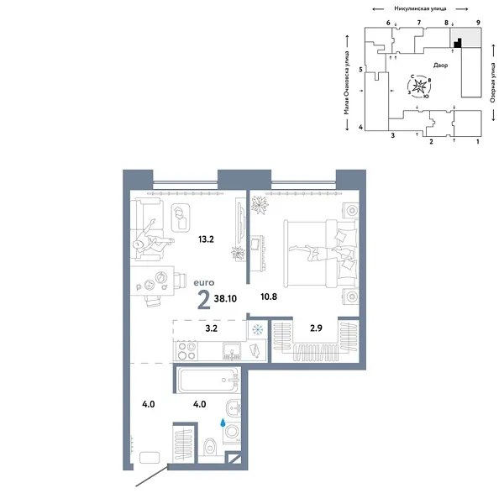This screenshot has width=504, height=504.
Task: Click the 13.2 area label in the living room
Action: [206, 239]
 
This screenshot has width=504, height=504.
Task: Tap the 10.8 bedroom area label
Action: [269, 297]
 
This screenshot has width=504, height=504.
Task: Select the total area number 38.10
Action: [225, 298]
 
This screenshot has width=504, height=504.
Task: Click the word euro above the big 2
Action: [204, 282]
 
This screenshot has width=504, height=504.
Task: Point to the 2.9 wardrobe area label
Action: [316, 328]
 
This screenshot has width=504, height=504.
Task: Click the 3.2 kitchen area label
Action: [211, 328]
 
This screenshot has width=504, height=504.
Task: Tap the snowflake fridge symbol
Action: [258, 329]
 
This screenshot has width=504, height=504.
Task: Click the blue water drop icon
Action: [223, 423]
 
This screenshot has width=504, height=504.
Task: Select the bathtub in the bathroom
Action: [208, 380]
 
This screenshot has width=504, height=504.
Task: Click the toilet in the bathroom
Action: [210, 447]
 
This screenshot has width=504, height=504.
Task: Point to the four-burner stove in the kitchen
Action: [186, 351]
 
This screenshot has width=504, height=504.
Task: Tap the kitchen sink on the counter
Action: [232, 351]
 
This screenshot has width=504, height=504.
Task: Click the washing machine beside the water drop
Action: [232, 433]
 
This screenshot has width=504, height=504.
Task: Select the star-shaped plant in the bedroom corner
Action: [260, 205]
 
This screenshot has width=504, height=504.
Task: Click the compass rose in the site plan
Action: [419, 87]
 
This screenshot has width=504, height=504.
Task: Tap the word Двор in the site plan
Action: [440, 66]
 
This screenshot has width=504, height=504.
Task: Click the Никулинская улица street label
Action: [420, 8]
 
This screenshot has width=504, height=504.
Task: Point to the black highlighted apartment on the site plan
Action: [458, 44]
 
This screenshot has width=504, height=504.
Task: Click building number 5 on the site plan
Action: [360, 70]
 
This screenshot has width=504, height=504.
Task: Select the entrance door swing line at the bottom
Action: [151, 475]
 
